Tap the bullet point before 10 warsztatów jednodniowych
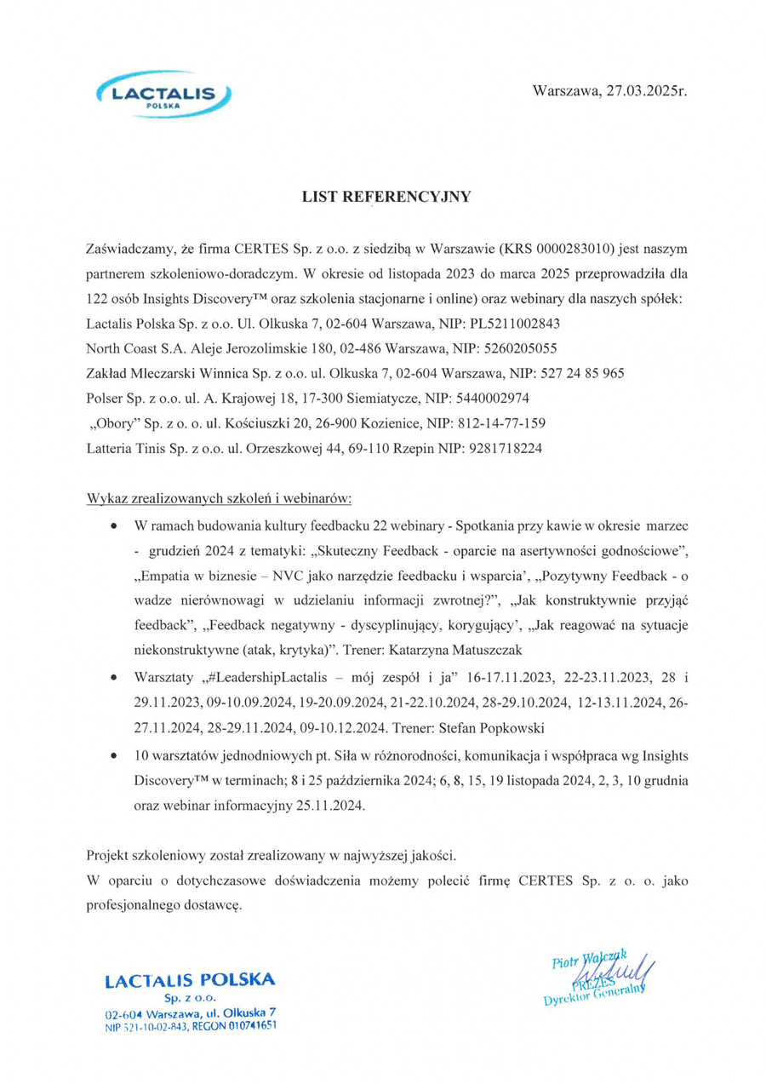[x=113, y=755]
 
